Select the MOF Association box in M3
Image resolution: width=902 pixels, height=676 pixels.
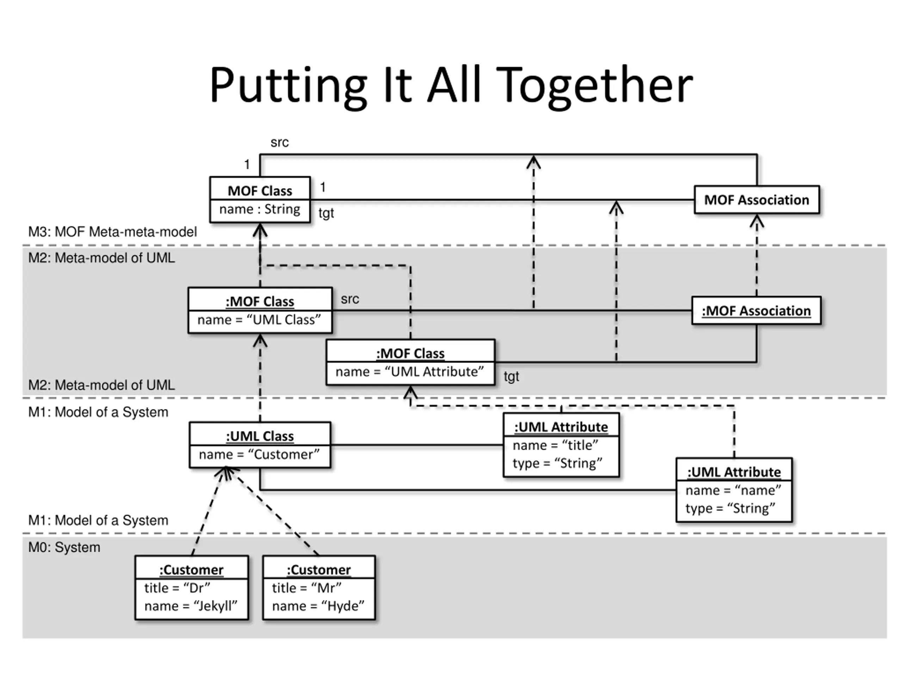tap(757, 200)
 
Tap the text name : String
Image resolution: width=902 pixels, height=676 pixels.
tap(260, 209)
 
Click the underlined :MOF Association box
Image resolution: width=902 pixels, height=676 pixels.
tap(756, 311)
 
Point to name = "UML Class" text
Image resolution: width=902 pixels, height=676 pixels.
tap(259, 320)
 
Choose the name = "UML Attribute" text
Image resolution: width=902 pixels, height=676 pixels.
tap(410, 371)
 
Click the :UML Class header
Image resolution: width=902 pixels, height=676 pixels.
tap(260, 436)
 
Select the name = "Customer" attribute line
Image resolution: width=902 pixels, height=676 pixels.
tap(259, 454)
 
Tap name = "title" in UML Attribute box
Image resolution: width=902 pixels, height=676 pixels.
tap(555, 445)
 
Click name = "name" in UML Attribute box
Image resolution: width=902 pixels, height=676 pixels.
tap(733, 490)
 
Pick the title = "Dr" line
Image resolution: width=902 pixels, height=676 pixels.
tap(177, 588)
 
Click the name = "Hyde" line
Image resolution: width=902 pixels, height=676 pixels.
tap(319, 606)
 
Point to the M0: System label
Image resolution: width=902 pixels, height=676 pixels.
tap(64, 547)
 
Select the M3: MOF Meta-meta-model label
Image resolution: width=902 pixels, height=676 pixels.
tap(112, 232)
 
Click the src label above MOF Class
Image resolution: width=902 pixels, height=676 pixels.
tap(280, 143)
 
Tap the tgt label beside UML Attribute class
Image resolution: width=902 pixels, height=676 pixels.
tap(511, 376)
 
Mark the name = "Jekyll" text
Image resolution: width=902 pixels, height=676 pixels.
tap(191, 606)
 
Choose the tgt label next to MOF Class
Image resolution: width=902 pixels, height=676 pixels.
tap(326, 213)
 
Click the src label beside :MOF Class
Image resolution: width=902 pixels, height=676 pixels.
tap(350, 299)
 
